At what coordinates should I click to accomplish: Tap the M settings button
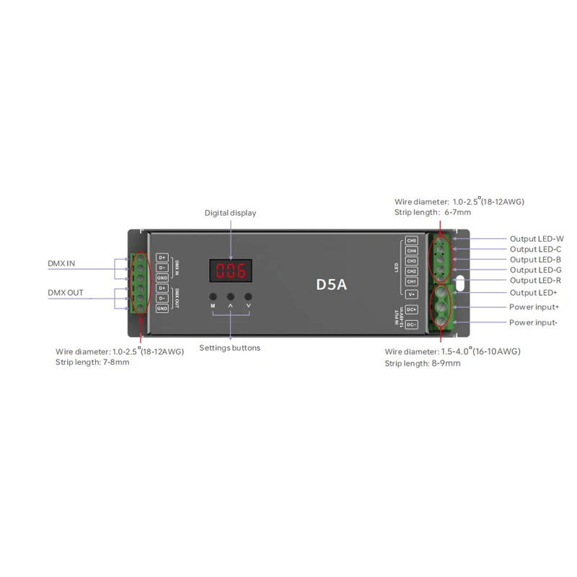[x=213, y=297]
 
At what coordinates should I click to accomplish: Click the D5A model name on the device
[x=332, y=284]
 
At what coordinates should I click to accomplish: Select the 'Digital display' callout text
[x=230, y=213]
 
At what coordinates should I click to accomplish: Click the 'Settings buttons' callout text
[x=230, y=348]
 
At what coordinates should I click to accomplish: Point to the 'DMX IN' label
[x=61, y=263]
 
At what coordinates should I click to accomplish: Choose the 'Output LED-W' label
[x=537, y=239]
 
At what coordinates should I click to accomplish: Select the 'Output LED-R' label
[x=536, y=280]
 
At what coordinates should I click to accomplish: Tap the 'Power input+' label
[x=534, y=307]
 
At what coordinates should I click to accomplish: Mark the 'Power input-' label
[x=533, y=322]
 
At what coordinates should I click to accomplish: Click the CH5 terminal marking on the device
[x=412, y=240]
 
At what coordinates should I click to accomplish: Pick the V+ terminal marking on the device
[x=412, y=294]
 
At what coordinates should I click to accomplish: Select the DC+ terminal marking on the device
[x=412, y=309]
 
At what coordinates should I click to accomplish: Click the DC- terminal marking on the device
[x=412, y=325]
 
